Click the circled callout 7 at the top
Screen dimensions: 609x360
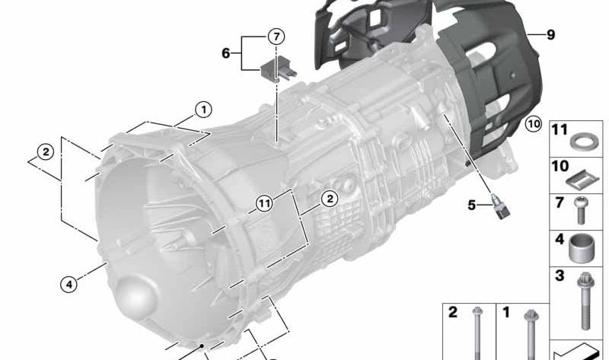pos(276,37)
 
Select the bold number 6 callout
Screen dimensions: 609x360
pos(225,53)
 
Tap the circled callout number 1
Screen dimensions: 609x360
pos(203,110)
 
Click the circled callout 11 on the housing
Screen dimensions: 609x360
pos(264,203)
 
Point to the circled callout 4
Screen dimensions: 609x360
pos(69,285)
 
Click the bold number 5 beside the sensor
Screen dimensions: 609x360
pos(471,205)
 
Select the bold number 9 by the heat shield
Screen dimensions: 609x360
pos(550,34)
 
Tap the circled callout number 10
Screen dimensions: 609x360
pos(534,124)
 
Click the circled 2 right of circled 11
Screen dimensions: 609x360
pos(330,199)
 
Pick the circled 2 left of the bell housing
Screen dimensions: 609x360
pos(46,152)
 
